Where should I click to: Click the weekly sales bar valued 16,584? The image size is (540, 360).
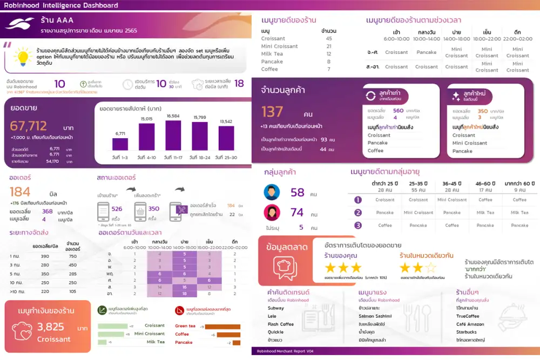(x=173, y=135)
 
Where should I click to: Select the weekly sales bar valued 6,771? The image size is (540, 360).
(x=120, y=144)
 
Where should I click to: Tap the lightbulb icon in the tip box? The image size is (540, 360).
(x=23, y=57)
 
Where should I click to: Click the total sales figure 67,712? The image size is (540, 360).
(x=29, y=126)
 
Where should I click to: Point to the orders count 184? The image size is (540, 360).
(x=20, y=192)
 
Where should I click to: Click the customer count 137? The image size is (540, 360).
(x=273, y=112)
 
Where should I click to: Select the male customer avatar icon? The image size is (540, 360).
(x=272, y=193)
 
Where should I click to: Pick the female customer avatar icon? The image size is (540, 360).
(x=272, y=213)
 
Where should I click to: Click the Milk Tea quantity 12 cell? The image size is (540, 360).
(x=329, y=54)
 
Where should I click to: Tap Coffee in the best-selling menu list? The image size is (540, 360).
(x=269, y=69)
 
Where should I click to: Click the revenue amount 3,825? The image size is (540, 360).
(x=50, y=327)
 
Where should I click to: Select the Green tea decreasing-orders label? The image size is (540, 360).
(x=185, y=326)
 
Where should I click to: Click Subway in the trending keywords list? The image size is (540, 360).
(x=276, y=308)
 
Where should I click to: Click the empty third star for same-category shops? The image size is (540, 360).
(x=430, y=268)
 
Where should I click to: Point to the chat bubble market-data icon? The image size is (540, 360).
(x=285, y=266)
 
